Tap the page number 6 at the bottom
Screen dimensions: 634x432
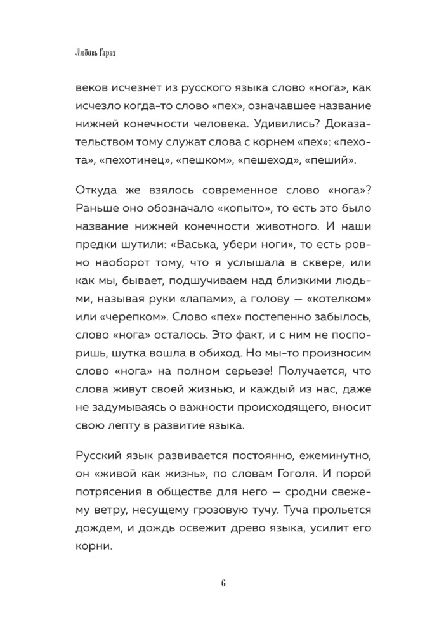216,584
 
